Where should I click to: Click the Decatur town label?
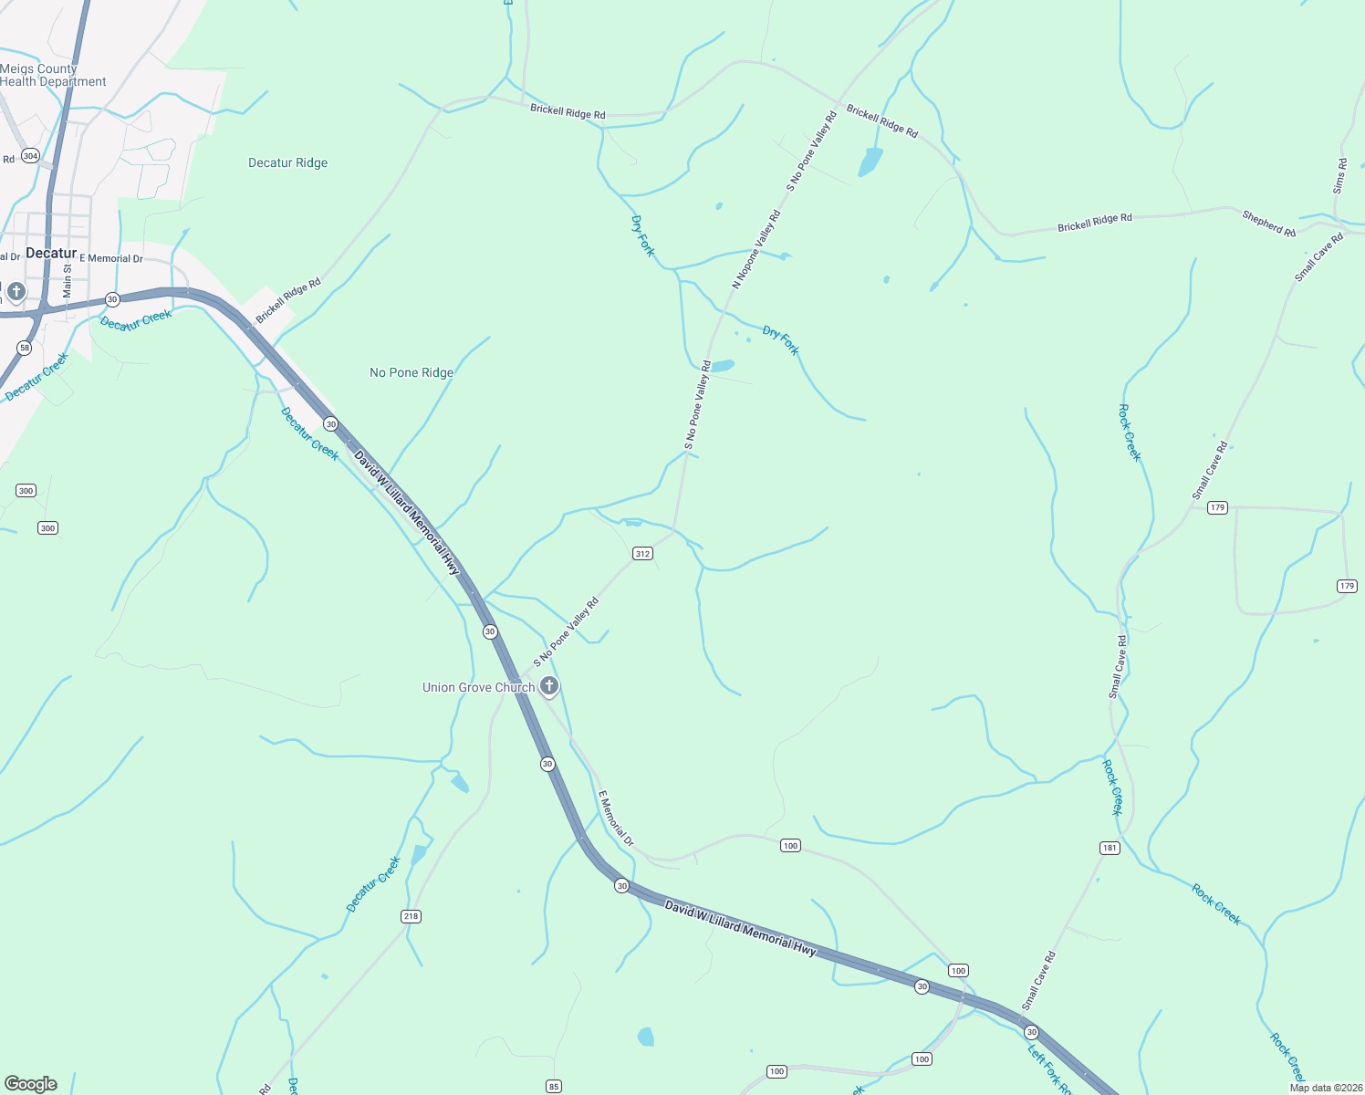pos(51,253)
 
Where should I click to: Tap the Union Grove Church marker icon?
pos(549,686)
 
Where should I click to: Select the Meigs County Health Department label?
pos(53,75)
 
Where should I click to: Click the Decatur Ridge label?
pos(287,162)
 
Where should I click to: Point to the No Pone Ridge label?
pos(412,372)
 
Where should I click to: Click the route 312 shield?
pos(642,554)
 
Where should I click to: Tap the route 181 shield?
pos(1110,848)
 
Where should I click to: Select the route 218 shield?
pos(411,916)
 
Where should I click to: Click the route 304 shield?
pos(30,156)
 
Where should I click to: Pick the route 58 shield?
pos(25,348)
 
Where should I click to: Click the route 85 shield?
pos(554,1086)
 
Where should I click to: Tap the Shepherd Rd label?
pos(1268,224)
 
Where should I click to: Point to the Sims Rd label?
pos(1339,176)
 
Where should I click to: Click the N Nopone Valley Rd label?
pos(756,249)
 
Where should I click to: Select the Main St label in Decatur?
pos(67,281)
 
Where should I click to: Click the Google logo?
pos(31,1084)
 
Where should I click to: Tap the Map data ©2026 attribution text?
pos(1326,1088)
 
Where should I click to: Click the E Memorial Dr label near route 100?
pos(616,819)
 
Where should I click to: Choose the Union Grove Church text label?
pos(478,687)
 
